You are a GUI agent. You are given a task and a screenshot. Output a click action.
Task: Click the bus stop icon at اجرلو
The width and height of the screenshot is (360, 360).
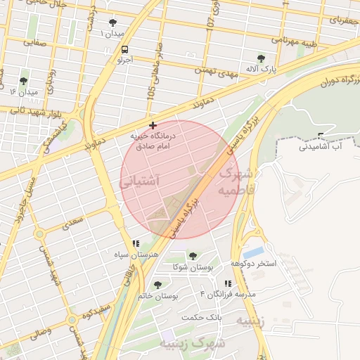(124, 49)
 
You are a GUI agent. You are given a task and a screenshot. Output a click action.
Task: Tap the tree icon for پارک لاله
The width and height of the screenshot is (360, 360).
(262, 58)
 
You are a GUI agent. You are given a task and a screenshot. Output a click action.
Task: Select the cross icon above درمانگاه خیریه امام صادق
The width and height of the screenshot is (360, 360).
(153, 124)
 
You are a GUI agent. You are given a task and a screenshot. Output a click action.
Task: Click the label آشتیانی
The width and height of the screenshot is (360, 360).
(141, 181)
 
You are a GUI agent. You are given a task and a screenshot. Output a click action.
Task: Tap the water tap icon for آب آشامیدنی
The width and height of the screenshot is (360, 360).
(321, 136)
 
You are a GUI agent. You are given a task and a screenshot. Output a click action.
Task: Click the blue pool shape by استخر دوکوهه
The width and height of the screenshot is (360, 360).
(254, 251)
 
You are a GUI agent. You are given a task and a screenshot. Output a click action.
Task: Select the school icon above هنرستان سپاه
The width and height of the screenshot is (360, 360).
(136, 243)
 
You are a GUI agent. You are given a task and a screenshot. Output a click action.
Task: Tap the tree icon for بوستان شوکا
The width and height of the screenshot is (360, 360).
(193, 256)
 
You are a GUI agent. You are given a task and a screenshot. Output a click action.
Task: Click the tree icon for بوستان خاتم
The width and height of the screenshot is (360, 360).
(157, 285)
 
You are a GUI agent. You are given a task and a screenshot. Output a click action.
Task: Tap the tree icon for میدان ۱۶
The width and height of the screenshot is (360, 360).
(24, 81)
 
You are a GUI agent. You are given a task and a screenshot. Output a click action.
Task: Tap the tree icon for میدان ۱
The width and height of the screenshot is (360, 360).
(113, 22)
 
